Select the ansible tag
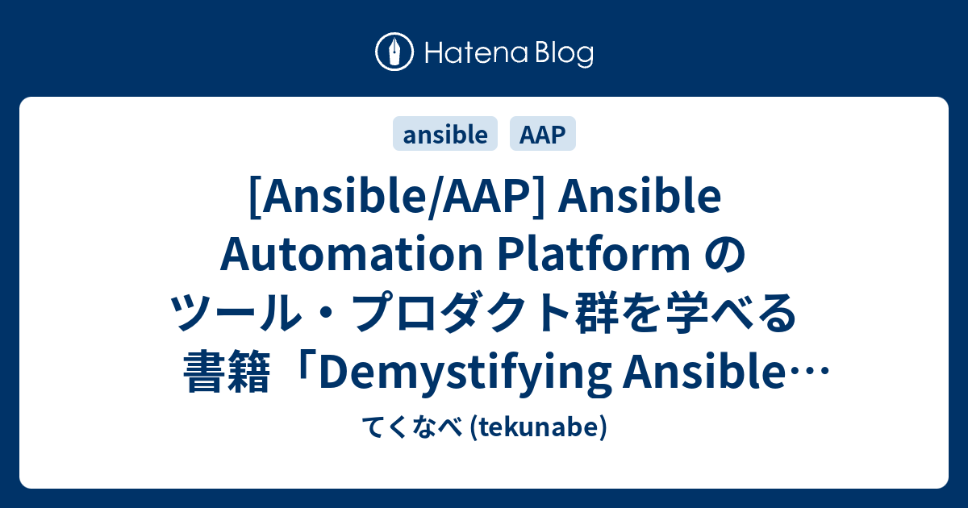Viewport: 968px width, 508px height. coord(445,135)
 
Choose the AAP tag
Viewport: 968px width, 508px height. coord(543,135)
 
